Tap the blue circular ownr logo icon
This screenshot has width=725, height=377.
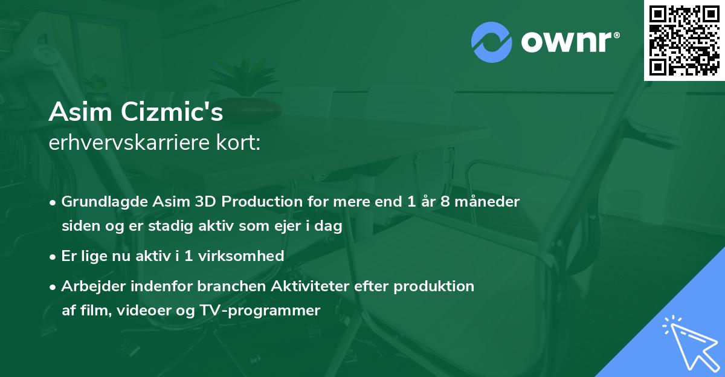click(x=492, y=42)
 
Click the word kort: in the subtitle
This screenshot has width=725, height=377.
click(x=241, y=143)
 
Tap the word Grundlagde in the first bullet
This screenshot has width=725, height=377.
click(x=99, y=202)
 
